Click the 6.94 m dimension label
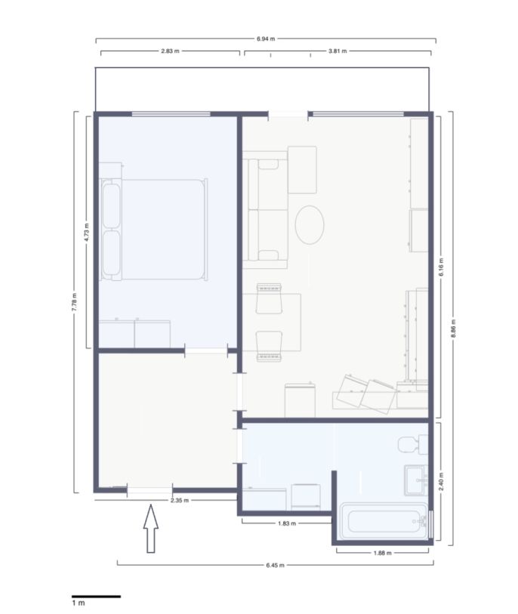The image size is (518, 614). [266, 39]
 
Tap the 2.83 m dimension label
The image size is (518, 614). [171, 51]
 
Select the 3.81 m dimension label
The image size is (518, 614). [338, 51]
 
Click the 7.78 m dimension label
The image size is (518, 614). [75, 302]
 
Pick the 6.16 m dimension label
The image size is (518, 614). [441, 267]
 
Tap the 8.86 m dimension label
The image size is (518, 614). [453, 329]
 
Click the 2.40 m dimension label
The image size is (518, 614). [441, 482]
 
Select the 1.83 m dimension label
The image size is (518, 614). [287, 523]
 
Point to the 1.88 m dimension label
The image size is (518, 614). [383, 553]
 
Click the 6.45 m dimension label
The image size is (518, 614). [276, 565]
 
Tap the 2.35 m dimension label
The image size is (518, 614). [180, 500]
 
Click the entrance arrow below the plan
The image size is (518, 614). [151, 529]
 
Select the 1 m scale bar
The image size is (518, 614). [97, 597]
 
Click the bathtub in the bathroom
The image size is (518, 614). [384, 521]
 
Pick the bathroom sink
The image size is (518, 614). [416, 480]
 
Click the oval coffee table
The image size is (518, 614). [310, 225]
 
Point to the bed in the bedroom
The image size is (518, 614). [153, 230]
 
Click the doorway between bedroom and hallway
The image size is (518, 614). [206, 350]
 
